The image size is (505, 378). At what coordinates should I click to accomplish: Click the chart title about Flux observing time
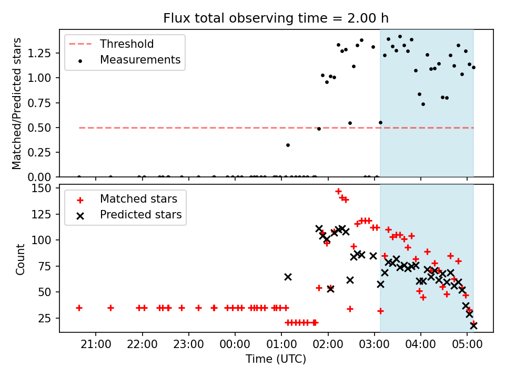click(x=276, y=18)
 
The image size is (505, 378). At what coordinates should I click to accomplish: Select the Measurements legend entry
click(x=140, y=60)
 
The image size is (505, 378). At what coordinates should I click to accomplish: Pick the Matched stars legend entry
click(x=138, y=199)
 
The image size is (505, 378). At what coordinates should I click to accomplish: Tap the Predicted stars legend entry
click(x=140, y=215)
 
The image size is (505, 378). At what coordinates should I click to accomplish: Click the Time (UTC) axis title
click(x=276, y=360)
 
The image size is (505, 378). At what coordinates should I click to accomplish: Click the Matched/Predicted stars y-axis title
click(x=17, y=103)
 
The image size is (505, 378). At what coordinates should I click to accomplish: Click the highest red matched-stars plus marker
click(x=338, y=192)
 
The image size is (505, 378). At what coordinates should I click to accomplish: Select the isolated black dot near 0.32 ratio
click(x=288, y=145)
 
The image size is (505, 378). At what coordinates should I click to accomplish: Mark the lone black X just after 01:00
click(x=288, y=277)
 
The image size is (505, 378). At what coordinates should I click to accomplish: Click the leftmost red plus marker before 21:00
click(x=79, y=308)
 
